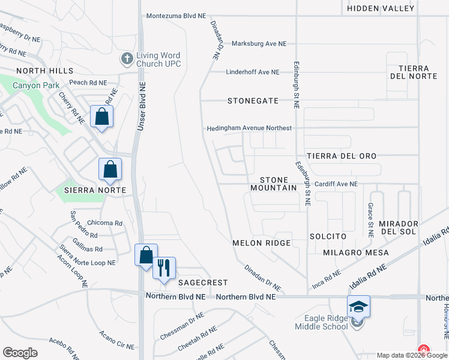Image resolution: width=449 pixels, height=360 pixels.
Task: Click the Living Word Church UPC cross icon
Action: pyautogui.click(x=127, y=59)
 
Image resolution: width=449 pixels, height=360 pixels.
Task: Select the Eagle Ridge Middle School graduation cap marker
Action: pyautogui.click(x=358, y=307)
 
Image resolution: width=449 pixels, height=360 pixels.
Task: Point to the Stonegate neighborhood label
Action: pyautogui.click(x=253, y=101)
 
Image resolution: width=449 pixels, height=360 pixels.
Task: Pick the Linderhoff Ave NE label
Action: pyautogui.click(x=253, y=72)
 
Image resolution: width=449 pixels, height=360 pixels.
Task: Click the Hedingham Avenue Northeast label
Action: pyautogui.click(x=249, y=128)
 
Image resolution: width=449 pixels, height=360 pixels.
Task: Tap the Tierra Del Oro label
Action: pyautogui.click(x=342, y=156)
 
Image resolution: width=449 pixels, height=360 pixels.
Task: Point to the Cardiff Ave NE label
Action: pyautogui.click(x=336, y=184)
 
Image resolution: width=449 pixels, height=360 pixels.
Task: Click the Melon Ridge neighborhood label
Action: pyautogui.click(x=262, y=243)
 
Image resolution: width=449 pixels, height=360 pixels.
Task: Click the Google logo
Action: pyautogui.click(x=20, y=352)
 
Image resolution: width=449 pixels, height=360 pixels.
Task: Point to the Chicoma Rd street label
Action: pyautogui.click(x=104, y=223)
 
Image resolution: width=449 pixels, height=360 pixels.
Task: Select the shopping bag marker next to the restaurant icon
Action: pyautogui.click(x=146, y=256)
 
